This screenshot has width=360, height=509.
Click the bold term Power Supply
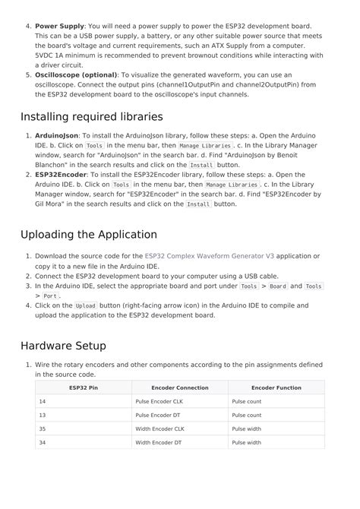pyautogui.click(x=60, y=26)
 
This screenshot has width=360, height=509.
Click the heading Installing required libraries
pyautogui.click(x=91, y=117)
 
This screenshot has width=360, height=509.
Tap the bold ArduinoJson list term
pyautogui.click(x=56, y=136)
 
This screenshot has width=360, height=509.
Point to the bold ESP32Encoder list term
pyautogui.click(x=61, y=175)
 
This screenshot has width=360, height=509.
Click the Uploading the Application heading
pyautogui.click(x=88, y=235)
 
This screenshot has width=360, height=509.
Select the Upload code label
pyautogui.click(x=85, y=305)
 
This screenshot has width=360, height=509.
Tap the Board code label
pyautogui.click(x=278, y=286)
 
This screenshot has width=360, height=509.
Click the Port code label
pyautogui.click(x=50, y=296)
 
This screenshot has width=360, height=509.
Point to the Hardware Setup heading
pyautogui.click(x=63, y=346)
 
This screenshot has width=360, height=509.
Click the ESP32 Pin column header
pyautogui.click(x=84, y=387)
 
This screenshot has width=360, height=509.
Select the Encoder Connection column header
pyautogui.click(x=180, y=387)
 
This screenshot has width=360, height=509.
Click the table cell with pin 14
pyautogui.click(x=43, y=401)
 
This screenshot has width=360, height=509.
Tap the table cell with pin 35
pyautogui.click(x=43, y=428)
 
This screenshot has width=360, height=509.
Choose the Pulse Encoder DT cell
pyautogui.click(x=158, y=415)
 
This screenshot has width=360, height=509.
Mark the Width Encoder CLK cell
pyautogui.click(x=159, y=428)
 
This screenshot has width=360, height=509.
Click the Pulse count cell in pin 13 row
pyautogui.click(x=247, y=415)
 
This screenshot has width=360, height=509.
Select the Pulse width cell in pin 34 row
pyautogui.click(x=247, y=442)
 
